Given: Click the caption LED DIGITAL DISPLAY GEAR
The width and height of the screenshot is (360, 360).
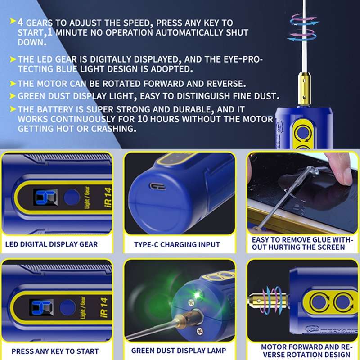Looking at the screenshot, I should (x=52, y=245).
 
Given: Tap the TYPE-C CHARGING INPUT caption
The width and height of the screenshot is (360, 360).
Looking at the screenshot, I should (x=177, y=245).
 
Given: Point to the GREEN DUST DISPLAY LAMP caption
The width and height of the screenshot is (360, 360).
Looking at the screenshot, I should (x=179, y=351).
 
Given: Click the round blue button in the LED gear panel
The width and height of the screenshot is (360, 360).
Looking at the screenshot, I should (x=71, y=197).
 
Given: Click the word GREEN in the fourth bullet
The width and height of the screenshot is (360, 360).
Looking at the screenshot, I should (x=32, y=96).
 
